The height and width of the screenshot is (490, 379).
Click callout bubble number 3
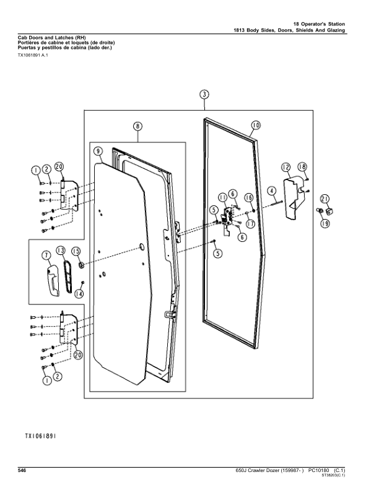204,95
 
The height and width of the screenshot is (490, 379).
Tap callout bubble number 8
137,126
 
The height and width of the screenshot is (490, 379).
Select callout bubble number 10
256,126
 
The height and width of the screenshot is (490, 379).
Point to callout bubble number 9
98,151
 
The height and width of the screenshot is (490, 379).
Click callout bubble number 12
286,167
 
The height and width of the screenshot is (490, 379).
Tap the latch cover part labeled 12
295,198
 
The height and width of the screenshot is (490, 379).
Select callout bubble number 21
325,199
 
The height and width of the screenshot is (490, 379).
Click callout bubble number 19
325,223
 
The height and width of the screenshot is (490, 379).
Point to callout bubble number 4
272,191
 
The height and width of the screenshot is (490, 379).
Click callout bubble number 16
249,197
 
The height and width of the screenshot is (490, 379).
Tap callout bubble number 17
250,224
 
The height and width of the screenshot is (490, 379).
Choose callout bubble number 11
222,197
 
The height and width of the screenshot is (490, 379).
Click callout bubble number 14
79,294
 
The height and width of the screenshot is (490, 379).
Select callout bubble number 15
76,251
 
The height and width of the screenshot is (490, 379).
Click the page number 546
22,471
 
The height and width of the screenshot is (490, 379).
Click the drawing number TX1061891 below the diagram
41,436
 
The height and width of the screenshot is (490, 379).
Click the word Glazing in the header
336,30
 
